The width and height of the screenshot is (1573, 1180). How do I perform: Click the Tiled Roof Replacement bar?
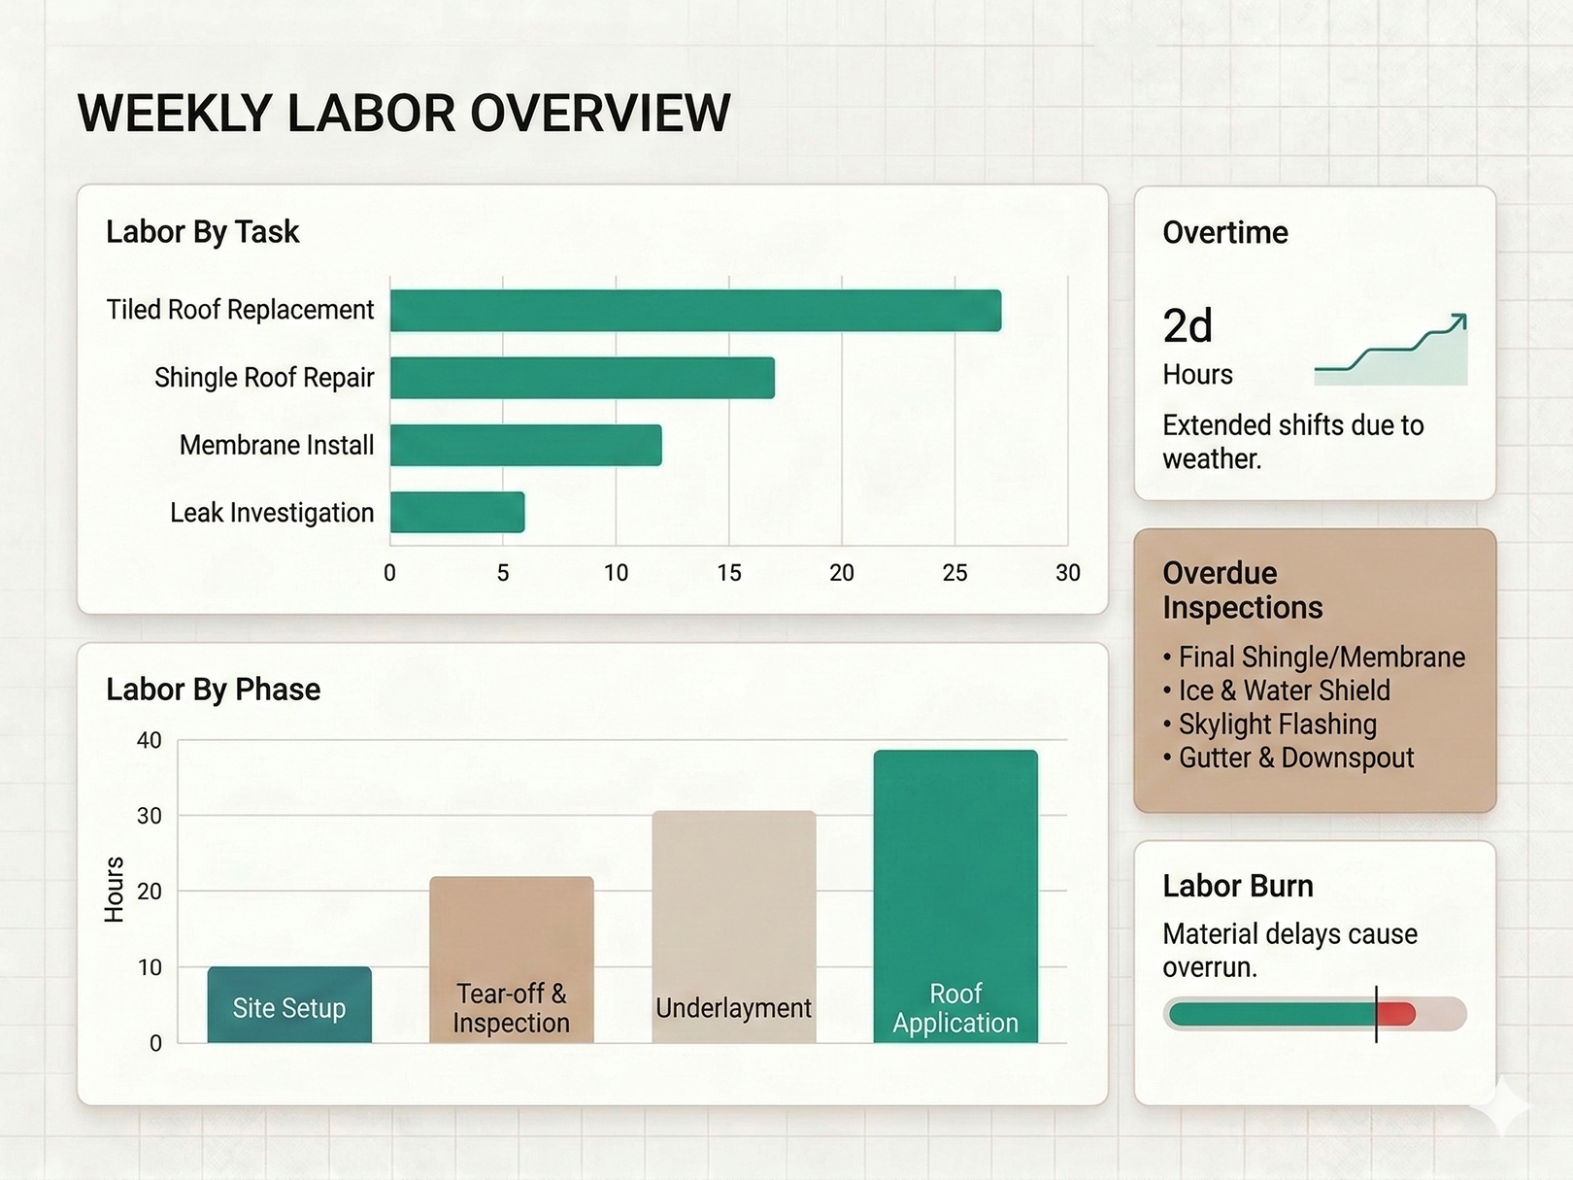pos(695,311)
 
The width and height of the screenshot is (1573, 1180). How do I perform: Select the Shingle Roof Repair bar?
pos(583,378)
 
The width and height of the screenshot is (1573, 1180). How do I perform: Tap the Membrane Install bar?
pos(525,445)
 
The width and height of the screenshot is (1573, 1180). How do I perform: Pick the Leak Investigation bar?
pos(457,513)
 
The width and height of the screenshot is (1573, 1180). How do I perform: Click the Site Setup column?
pos(289,1005)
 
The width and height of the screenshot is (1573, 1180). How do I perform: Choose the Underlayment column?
pos(734,927)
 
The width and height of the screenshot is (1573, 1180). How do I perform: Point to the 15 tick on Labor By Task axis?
pos(729,573)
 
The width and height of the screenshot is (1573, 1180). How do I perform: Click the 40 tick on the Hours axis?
pos(150,740)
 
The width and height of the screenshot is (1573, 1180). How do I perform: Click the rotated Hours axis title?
pos(115,890)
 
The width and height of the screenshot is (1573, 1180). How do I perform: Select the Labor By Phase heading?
pos(214,690)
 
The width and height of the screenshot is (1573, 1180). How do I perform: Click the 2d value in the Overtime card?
pos(1188,326)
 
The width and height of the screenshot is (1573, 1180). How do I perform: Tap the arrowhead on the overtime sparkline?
pos(1458,321)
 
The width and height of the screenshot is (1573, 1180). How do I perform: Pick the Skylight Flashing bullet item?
pos(1277,725)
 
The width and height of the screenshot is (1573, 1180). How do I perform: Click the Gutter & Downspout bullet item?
pos(1296,758)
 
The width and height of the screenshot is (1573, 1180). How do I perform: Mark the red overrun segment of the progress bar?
pos(1396,1014)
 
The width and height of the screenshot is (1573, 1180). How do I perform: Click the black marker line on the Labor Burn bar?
pos(1376,1014)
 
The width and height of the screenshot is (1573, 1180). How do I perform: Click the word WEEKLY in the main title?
pos(176,114)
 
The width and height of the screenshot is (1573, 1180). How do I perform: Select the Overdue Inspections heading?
pos(1243,590)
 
